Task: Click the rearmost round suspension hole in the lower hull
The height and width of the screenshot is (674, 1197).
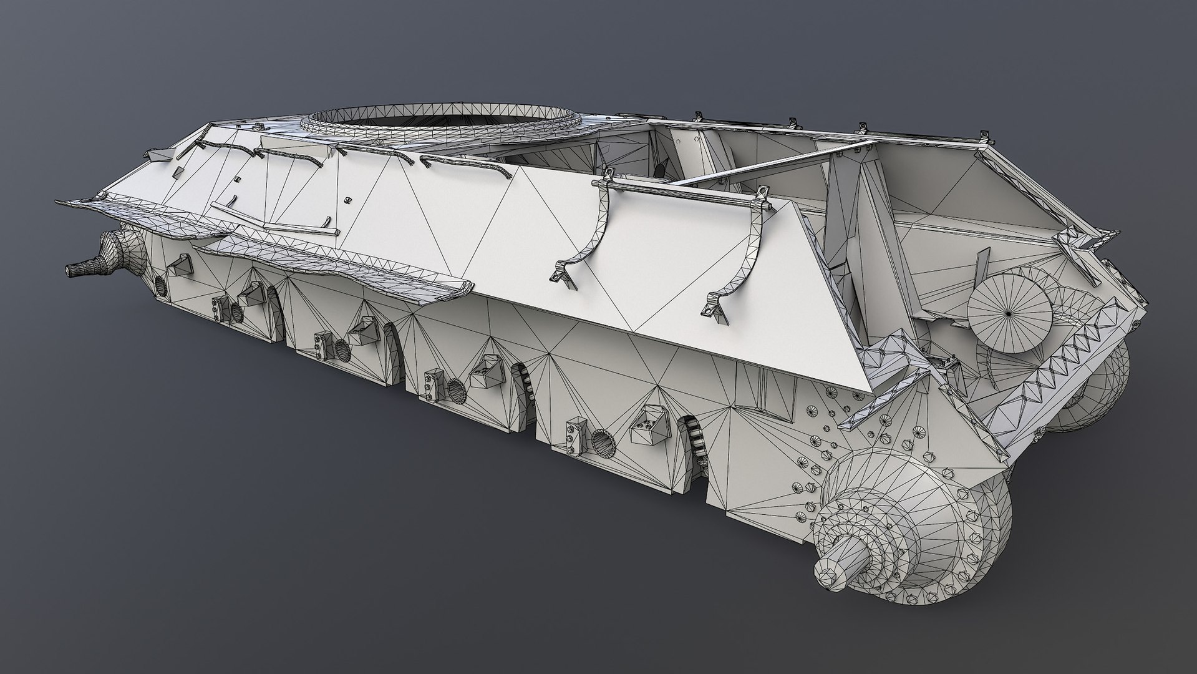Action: pos(603,442)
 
